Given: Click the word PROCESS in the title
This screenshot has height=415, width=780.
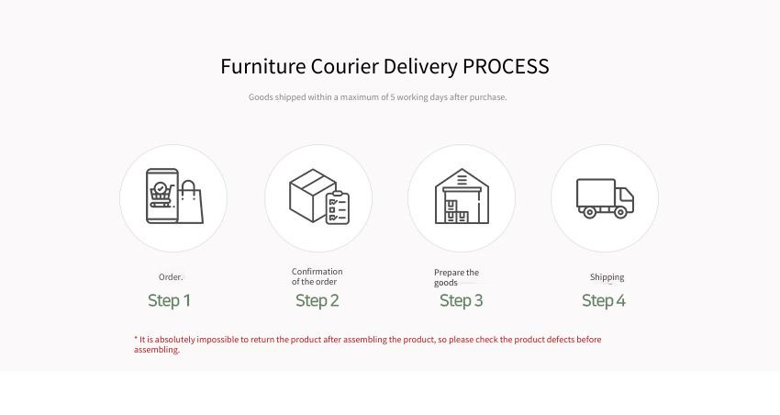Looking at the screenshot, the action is click(506, 66).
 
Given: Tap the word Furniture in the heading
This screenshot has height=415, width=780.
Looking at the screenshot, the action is click(263, 66).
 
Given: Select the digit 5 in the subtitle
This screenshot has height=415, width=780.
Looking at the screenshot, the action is click(393, 97).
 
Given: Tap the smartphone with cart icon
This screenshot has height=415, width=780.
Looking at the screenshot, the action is click(162, 196).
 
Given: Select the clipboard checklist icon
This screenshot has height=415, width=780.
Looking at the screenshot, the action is click(338, 207).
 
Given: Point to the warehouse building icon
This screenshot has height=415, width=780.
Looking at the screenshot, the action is click(462, 196).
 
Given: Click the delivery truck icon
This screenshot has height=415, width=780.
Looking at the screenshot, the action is click(605, 198).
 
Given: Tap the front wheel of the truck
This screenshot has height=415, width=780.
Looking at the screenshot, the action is click(620, 212).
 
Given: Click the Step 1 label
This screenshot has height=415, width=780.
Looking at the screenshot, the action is click(169, 300).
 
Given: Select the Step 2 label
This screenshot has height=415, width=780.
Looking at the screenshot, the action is click(318, 300).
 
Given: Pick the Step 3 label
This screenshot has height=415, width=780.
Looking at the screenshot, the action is click(462, 300).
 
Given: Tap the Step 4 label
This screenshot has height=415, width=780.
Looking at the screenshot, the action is click(604, 300).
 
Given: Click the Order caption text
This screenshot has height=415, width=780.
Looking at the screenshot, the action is click(171, 277).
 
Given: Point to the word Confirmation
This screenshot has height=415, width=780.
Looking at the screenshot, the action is click(317, 272).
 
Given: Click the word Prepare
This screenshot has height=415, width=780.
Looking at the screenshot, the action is click(450, 273).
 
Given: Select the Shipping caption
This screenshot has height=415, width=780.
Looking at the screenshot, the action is click(607, 277).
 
